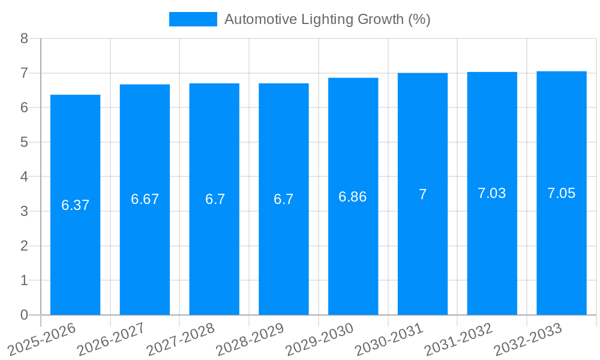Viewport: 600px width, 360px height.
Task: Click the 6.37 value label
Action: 75,205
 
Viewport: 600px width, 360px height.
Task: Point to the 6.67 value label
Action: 145,199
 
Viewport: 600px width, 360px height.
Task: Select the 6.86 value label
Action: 353,197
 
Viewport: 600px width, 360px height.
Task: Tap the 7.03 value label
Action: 491,193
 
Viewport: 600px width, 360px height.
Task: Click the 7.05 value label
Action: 561,193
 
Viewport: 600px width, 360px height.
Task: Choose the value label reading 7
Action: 422,194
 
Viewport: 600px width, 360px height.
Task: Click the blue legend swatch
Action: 193,19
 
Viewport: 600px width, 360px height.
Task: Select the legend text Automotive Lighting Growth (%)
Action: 327,19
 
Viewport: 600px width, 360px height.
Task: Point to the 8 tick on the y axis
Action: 24,38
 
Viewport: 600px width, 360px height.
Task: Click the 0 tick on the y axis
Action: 24,315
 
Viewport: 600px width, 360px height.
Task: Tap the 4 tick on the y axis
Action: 24,177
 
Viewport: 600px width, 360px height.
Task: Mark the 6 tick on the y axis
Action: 24,107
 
